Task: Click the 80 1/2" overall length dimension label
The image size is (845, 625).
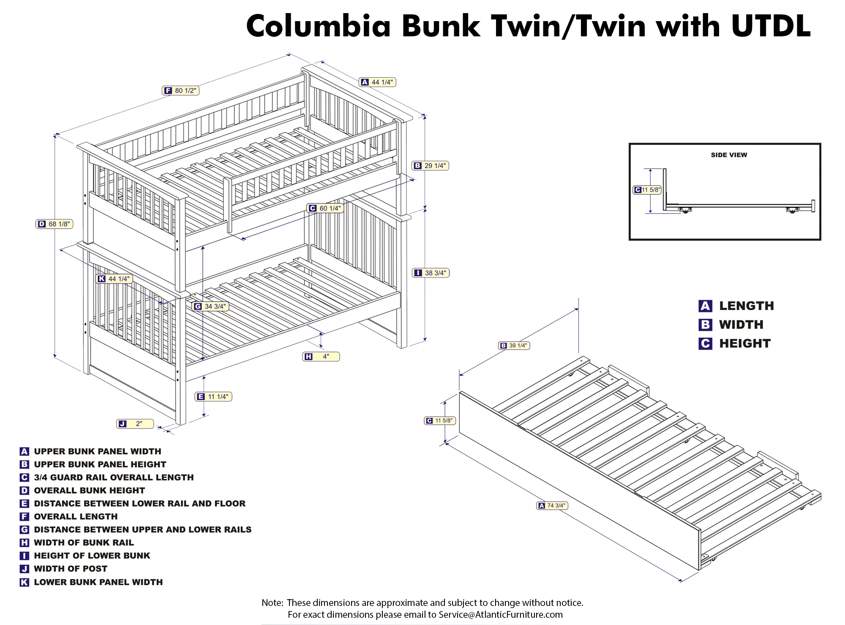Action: pos(180,90)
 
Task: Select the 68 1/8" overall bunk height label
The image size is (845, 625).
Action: pos(55,224)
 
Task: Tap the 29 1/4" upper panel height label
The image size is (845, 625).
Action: pos(430,166)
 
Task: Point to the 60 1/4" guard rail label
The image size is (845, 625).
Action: pos(325,208)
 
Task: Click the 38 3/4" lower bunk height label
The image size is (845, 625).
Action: pos(431,273)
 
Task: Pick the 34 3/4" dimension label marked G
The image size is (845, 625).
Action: pos(210,306)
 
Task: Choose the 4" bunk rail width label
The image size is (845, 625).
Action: pos(321,357)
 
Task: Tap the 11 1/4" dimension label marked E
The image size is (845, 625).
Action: pos(213,397)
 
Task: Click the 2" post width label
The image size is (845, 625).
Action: pos(135,424)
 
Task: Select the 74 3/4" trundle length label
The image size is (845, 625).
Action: pos(552,505)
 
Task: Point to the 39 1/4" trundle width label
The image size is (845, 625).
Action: pos(514,346)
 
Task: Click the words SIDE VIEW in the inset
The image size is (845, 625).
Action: pos(729,155)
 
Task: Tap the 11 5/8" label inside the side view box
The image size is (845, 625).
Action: pos(647,190)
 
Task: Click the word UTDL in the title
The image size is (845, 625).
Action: pos(771,26)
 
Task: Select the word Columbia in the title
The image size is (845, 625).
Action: pos(319,26)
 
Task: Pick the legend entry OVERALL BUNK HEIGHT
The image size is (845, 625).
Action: pos(89,491)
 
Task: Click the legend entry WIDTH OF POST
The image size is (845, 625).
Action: pos(71,569)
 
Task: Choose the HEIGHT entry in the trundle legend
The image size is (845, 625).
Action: pos(745,344)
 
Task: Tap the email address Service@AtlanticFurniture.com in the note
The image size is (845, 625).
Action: pos(501,614)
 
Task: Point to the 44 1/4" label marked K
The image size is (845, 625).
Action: pos(114,279)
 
